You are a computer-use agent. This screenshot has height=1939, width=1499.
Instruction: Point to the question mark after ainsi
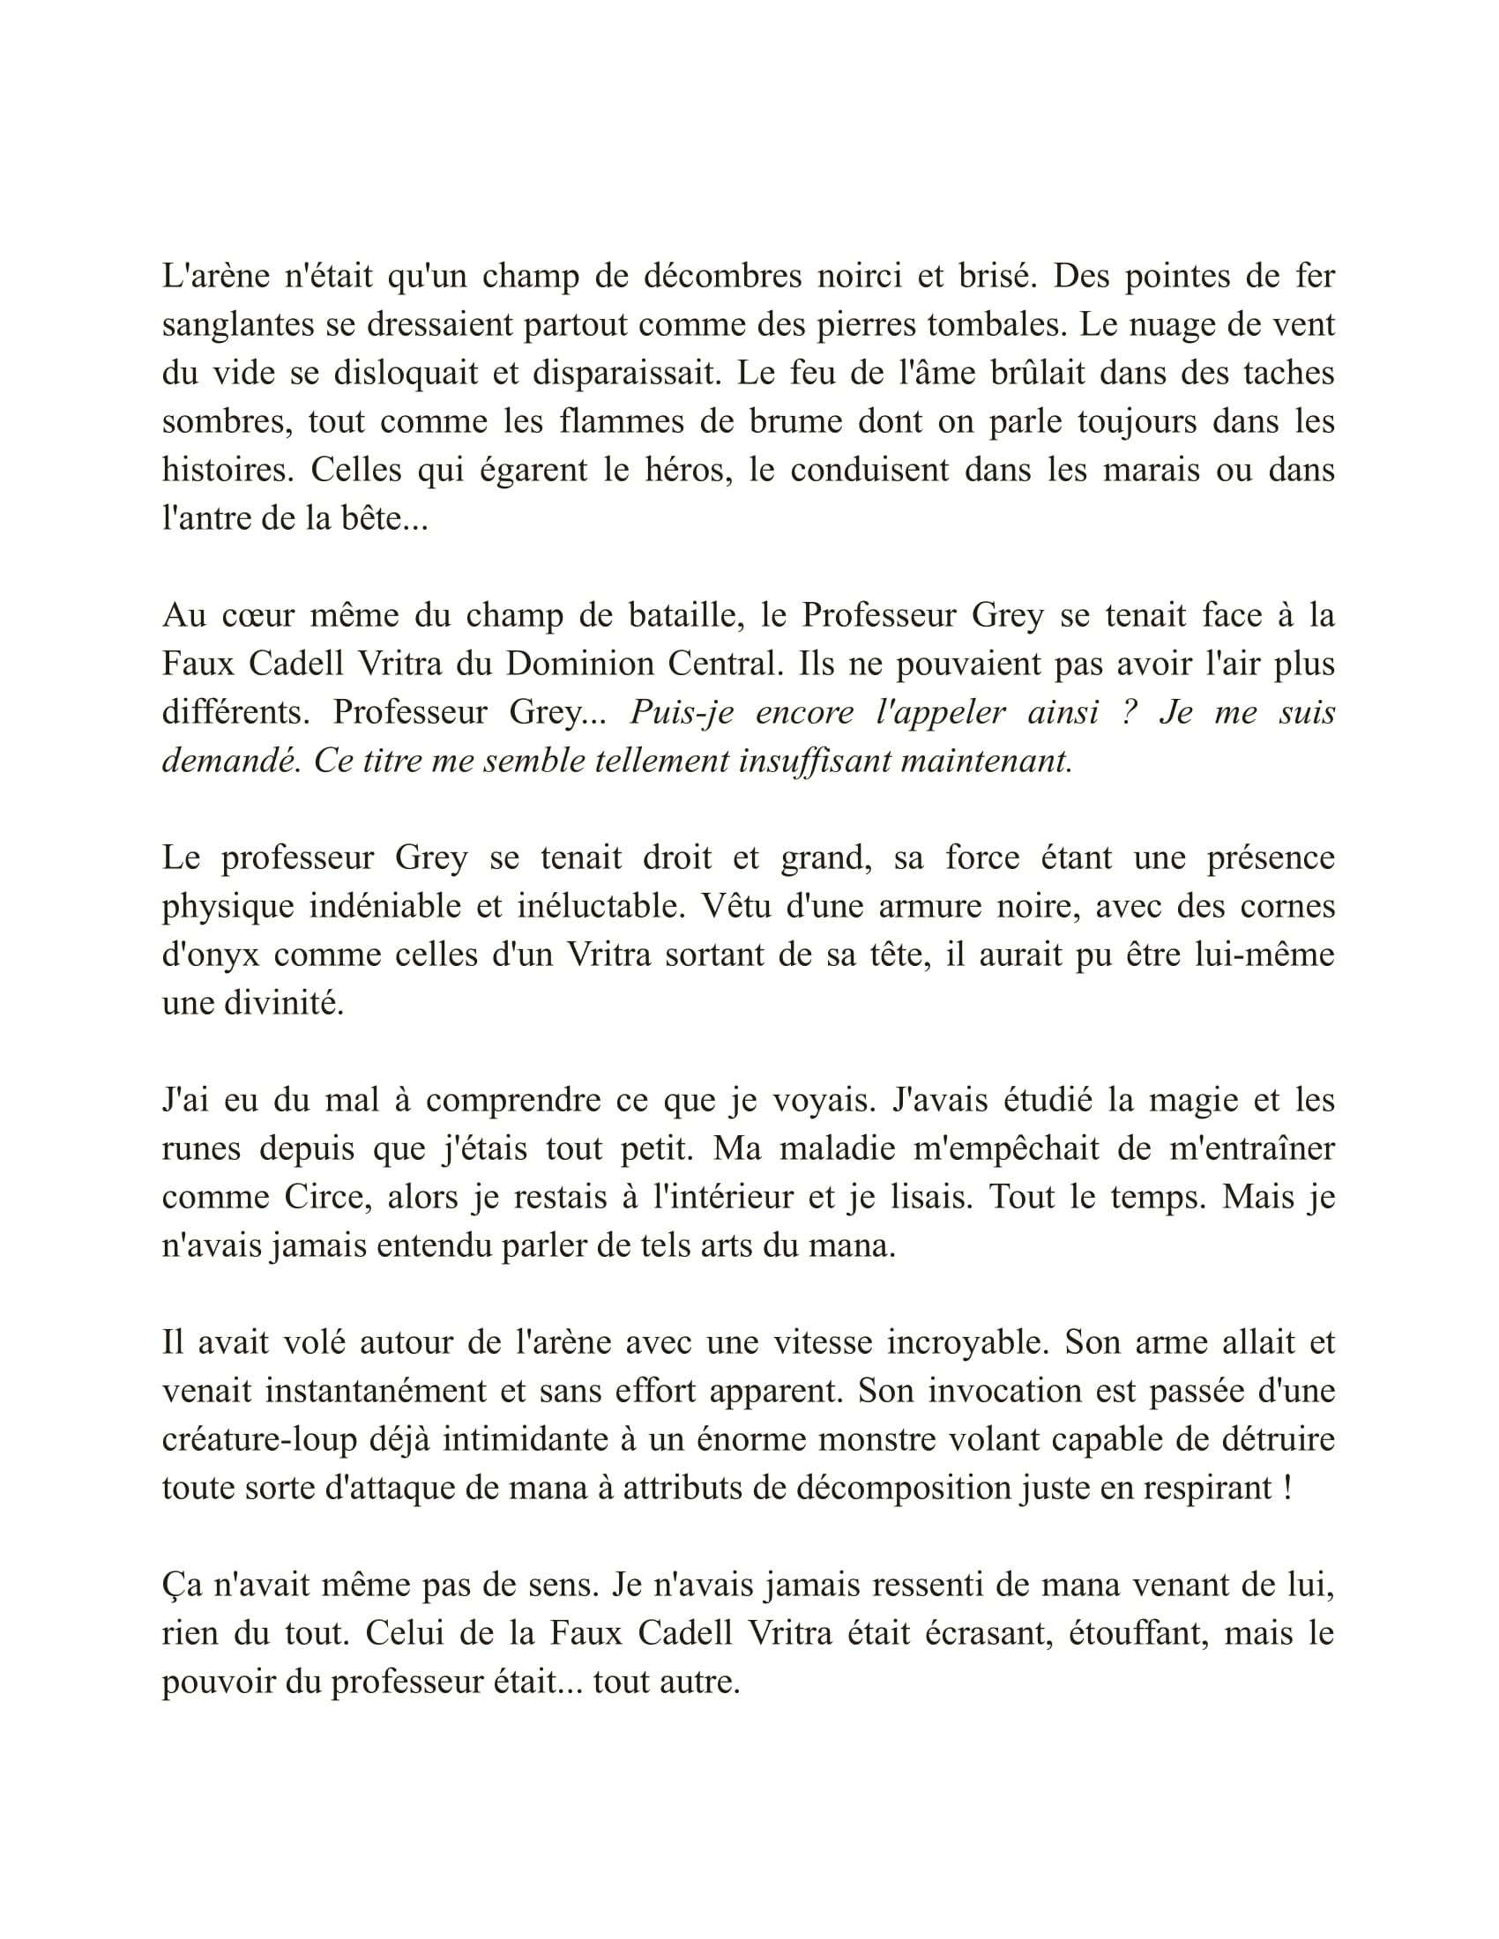pos(1130,712)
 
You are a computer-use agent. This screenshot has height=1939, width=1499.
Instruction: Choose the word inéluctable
pos(603,906)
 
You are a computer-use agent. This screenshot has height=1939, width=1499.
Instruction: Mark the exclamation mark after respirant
pos(1287,1488)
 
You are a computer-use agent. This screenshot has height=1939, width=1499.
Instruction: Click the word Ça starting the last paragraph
pos(181,1586)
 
